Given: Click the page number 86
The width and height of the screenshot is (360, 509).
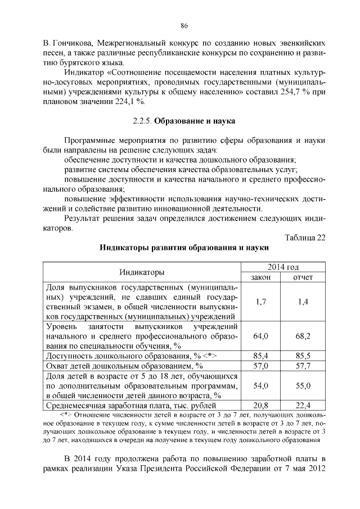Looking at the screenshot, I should [183, 25].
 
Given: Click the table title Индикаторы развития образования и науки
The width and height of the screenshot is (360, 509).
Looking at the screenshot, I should [184, 247].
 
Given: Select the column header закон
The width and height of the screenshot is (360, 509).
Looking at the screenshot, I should [260, 277].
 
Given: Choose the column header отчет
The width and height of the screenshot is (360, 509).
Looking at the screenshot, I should [303, 277].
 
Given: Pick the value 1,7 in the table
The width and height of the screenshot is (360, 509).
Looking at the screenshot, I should [260, 302].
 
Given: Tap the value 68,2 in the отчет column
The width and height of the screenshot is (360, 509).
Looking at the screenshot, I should [303, 336].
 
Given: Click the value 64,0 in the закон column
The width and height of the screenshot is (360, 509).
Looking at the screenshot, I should [260, 336].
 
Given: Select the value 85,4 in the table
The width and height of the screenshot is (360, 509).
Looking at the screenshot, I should [260, 356].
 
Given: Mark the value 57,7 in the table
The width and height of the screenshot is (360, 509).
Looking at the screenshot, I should [303, 366].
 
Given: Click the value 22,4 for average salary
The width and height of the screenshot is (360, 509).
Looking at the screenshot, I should [303, 405].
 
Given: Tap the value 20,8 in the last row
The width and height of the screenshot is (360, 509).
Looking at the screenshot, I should [260, 405].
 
